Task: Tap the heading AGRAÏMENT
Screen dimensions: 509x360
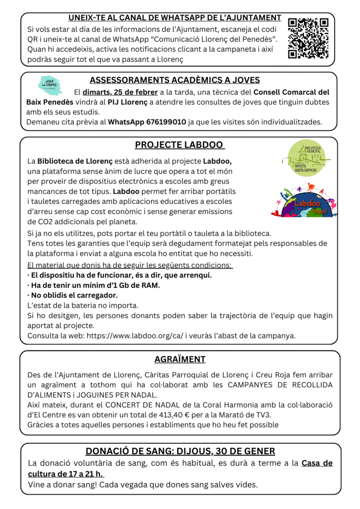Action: [180, 359]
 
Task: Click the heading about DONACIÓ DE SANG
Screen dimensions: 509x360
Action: [180, 451]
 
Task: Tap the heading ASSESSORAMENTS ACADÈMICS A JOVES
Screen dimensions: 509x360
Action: [175, 80]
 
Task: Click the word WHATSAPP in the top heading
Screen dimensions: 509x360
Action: [173, 18]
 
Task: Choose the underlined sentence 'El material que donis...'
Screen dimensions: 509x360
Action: [130, 265]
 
